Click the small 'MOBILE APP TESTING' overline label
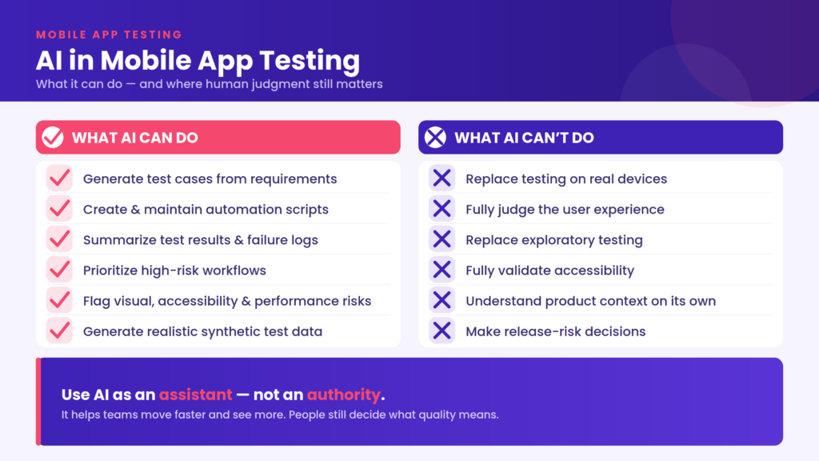[x=109, y=34]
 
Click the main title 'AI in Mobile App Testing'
[x=198, y=61]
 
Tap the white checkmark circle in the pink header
[x=53, y=138]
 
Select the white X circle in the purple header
[x=435, y=138]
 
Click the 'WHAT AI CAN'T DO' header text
[x=524, y=138]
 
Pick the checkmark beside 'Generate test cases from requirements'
[x=59, y=178]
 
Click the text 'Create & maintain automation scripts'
[x=206, y=209]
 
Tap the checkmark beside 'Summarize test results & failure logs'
[x=59, y=239]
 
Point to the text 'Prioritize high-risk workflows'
[x=174, y=271]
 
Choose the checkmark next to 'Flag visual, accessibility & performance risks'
[x=59, y=301]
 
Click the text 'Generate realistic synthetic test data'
[x=202, y=331]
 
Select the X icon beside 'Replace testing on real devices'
[x=441, y=178]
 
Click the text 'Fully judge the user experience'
[x=565, y=209]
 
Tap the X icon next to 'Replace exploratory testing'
[x=441, y=239]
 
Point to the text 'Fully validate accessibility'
[x=550, y=271]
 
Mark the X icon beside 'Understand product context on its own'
[x=441, y=301]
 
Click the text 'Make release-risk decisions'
[x=556, y=331]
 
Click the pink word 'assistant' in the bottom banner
[x=196, y=395]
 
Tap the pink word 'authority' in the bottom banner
[x=344, y=395]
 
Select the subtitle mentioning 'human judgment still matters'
[x=209, y=84]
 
